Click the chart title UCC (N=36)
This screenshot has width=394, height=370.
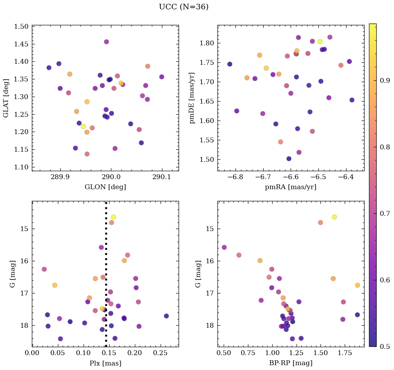tap(183, 7)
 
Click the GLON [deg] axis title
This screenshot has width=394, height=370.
tap(105, 187)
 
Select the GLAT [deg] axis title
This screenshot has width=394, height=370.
tap(6, 98)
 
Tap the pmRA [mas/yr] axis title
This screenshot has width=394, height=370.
tap(291, 187)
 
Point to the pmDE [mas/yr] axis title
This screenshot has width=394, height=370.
tap(192, 98)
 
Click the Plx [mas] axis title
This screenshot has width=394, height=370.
tap(105, 363)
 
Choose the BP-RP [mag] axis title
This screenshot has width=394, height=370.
tap(291, 363)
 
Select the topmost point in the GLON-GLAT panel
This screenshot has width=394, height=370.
tap(106, 42)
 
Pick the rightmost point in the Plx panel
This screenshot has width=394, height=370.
tap(166, 316)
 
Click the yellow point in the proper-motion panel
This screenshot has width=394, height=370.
tap(320, 42)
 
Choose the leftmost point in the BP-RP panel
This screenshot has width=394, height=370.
tap(224, 247)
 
